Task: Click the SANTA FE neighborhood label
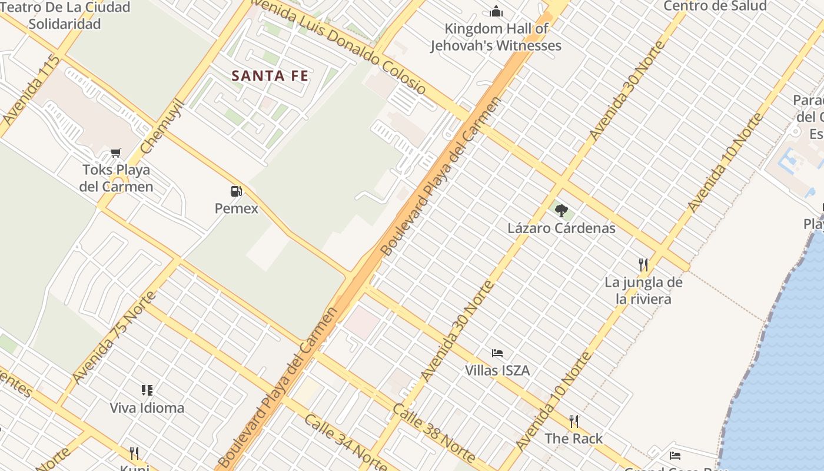click(270, 76)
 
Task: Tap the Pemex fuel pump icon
click(236, 191)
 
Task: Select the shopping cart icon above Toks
click(116, 153)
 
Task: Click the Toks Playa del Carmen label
click(117, 178)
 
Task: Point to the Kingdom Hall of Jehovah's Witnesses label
click(496, 37)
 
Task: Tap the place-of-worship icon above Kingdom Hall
click(496, 11)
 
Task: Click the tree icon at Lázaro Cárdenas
click(561, 210)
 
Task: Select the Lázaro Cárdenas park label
click(561, 228)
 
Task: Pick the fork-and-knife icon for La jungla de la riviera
click(643, 264)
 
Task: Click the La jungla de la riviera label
click(643, 291)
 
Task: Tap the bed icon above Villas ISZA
click(497, 353)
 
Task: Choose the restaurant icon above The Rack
click(574, 421)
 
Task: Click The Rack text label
click(574, 439)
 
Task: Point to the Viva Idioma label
click(147, 407)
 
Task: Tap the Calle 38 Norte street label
click(434, 433)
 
